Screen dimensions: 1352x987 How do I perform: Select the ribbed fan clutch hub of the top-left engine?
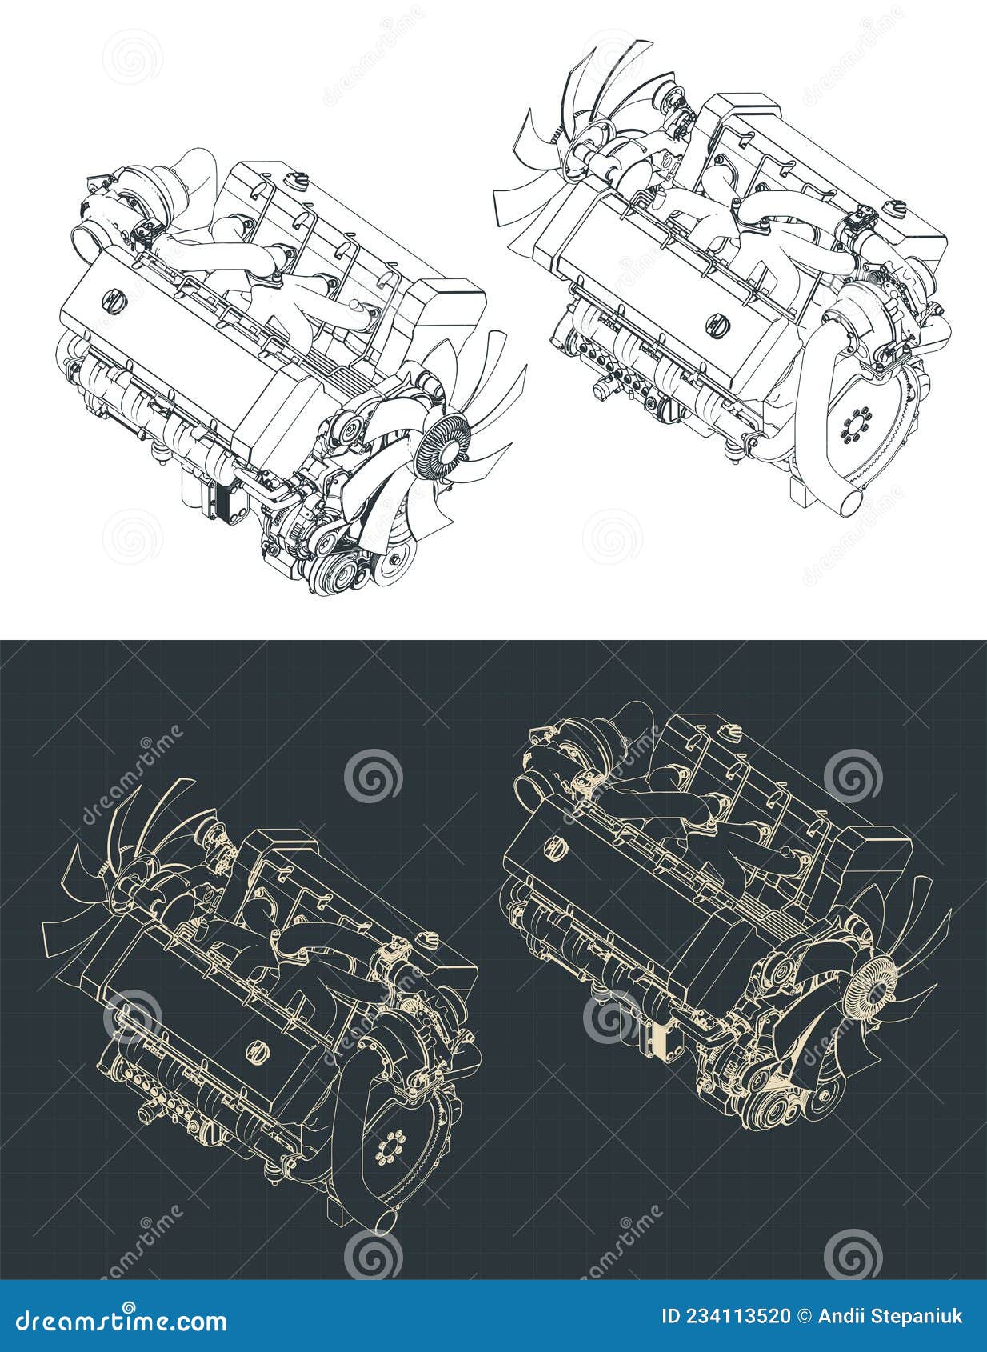pyautogui.click(x=445, y=444)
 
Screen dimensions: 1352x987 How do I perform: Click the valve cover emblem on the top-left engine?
pyautogui.click(x=113, y=299)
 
